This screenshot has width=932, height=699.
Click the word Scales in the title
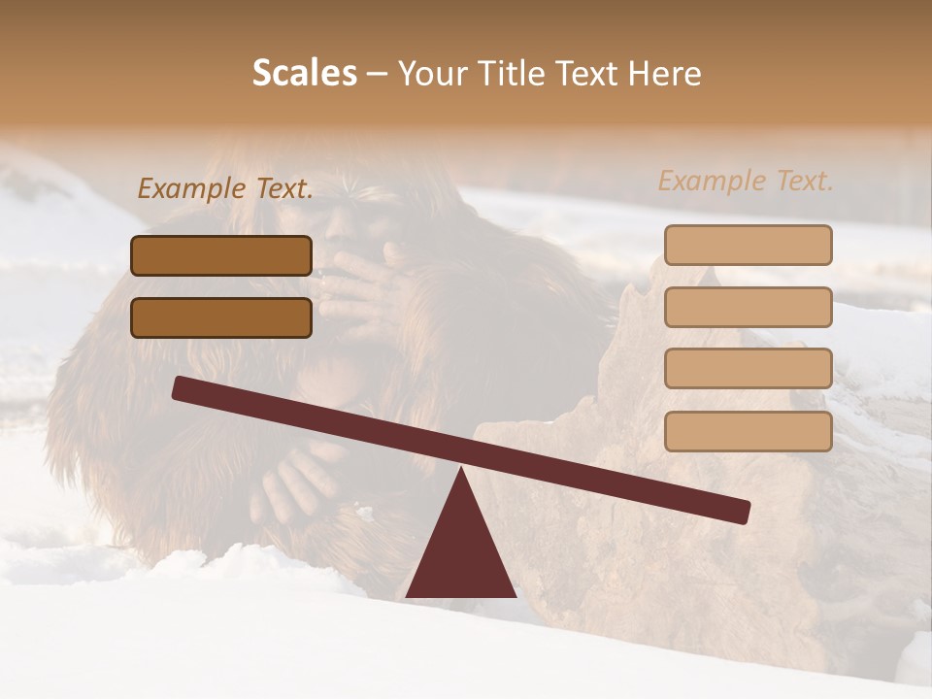point(304,73)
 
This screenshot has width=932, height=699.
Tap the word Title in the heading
point(516,73)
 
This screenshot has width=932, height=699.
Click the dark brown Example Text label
point(225,188)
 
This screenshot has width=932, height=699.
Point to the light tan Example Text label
point(746,181)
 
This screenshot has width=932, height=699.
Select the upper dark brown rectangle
point(221,255)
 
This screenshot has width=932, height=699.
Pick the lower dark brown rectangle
point(221,317)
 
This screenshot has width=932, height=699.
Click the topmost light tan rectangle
point(748,245)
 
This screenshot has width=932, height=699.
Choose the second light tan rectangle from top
point(748,307)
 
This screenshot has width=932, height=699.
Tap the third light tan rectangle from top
point(748,368)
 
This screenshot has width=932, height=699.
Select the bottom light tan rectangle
point(748,431)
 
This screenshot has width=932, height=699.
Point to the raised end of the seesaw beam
point(181,388)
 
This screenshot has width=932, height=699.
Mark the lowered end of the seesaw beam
point(743,512)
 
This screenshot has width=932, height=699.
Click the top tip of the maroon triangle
point(462,470)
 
